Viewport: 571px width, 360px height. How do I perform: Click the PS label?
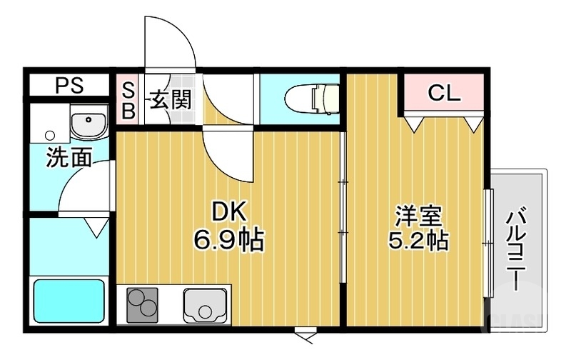[x=70, y=86]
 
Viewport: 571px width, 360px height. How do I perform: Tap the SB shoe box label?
[x=128, y=100]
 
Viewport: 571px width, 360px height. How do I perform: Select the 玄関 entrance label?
[x=170, y=99]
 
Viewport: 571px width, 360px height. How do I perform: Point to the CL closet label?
[x=444, y=93]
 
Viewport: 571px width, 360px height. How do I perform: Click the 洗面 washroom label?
[x=69, y=158]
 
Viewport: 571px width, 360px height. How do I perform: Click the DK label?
[x=228, y=211]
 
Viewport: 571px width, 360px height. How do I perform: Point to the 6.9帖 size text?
[x=228, y=240]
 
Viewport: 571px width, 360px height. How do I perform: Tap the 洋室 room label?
[x=418, y=214]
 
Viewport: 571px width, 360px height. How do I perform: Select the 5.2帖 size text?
[x=418, y=240]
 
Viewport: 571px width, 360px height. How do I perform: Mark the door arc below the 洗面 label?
[x=82, y=187]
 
